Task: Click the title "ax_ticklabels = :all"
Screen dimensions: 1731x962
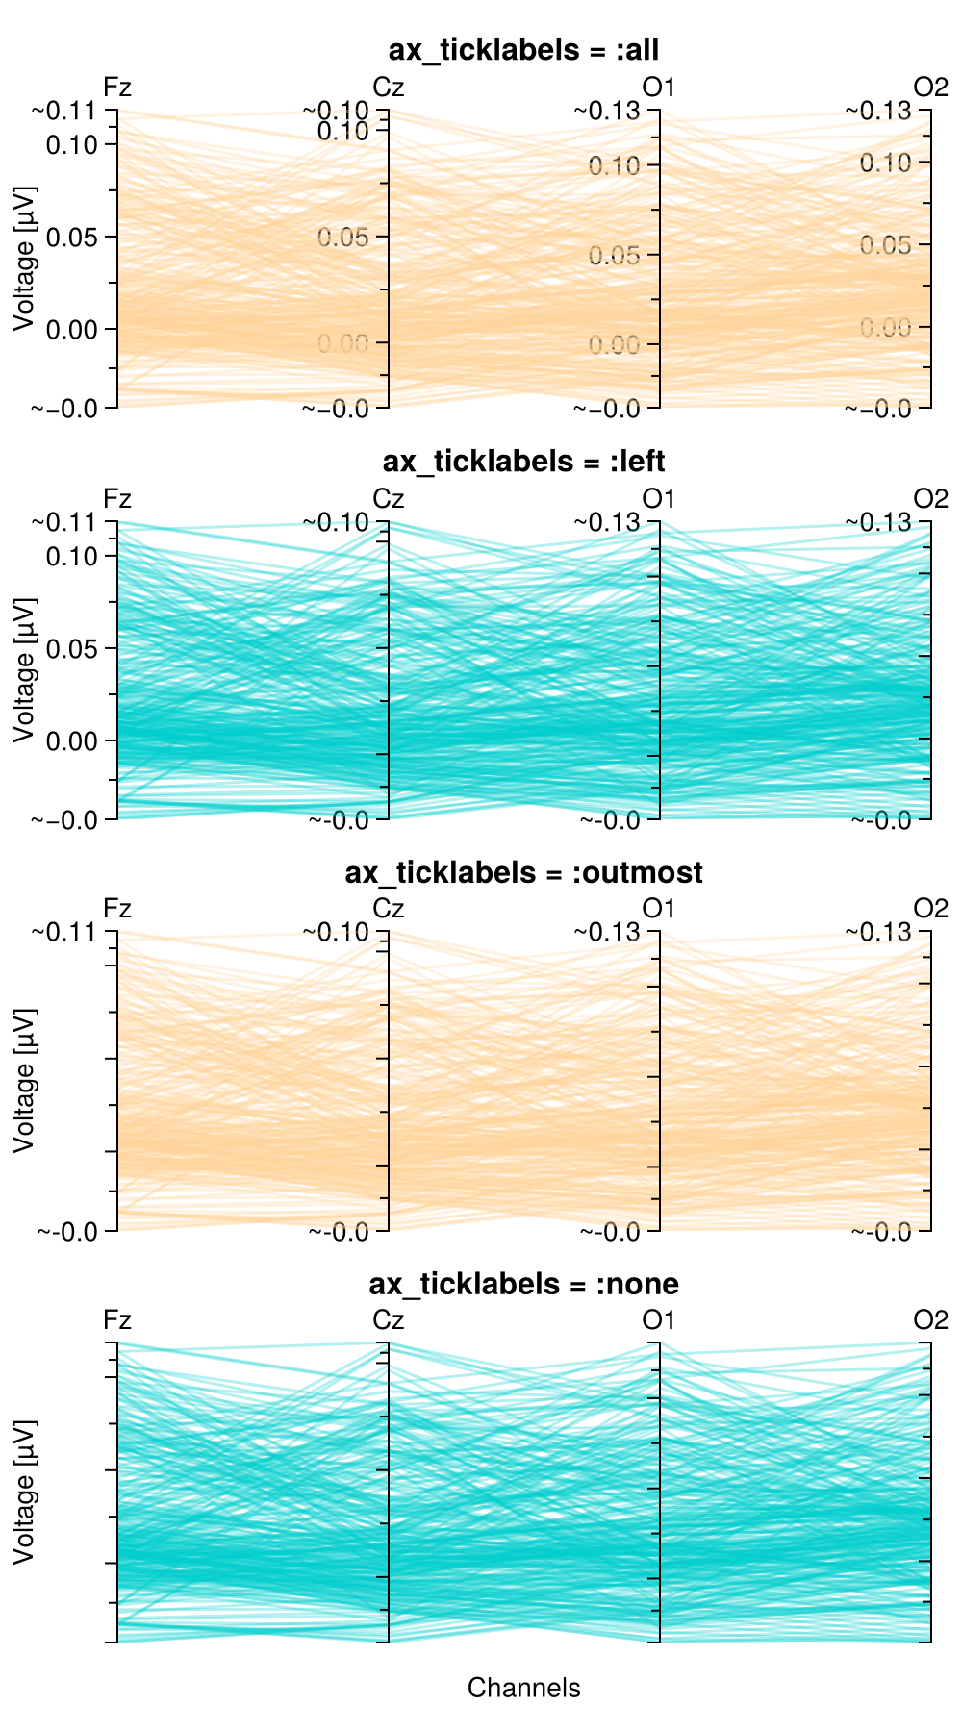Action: coord(523,50)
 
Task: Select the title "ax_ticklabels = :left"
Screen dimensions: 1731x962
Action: coord(523,462)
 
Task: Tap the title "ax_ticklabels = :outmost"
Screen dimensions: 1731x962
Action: coord(523,872)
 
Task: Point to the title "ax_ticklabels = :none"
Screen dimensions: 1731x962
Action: coord(523,1284)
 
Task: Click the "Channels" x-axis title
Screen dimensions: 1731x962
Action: coord(523,1688)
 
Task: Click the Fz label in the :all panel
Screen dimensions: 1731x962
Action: coord(117,88)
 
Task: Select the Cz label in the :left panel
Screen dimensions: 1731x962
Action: coord(388,499)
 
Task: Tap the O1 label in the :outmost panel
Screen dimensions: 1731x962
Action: coord(659,909)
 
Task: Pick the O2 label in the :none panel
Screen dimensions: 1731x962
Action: coord(930,1319)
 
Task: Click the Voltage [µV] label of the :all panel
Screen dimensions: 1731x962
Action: coord(24,259)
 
